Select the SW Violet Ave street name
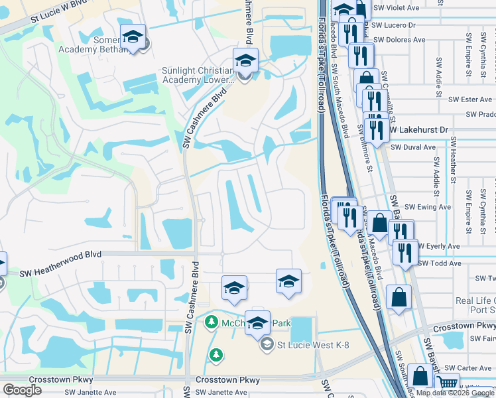click(397, 7)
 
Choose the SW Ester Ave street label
click(470, 99)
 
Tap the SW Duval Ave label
click(412, 147)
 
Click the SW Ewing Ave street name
click(427, 207)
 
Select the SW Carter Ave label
click(468, 367)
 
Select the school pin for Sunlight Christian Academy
click(245, 62)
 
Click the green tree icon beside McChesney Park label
click(212, 322)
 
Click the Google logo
click(22, 390)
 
